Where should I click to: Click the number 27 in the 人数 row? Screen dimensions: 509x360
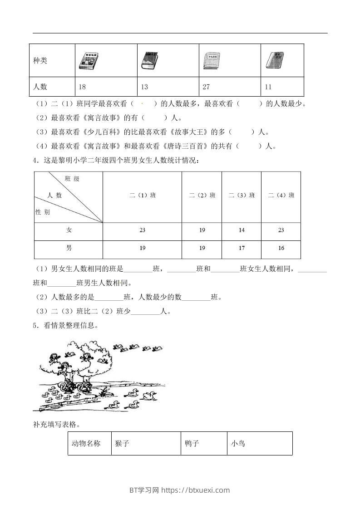pos(206,87)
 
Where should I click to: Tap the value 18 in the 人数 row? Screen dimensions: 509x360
pos(82,87)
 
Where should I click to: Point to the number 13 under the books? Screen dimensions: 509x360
pos(145,87)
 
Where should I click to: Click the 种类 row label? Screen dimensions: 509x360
pos(40,61)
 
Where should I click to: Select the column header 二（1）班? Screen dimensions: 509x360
pos(142,196)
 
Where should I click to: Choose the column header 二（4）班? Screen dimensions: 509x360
pos(281,196)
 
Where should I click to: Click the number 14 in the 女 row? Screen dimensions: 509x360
pos(242,230)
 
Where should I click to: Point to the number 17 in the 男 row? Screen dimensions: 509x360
pos(242,248)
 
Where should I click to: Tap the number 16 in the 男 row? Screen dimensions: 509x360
pos(281,248)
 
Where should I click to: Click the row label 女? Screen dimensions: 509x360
pos(69,230)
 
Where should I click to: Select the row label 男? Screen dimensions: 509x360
pos(69,248)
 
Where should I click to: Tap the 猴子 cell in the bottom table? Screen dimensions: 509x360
pos(123,443)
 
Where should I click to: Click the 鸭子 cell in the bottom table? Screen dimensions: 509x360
pos(192,443)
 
